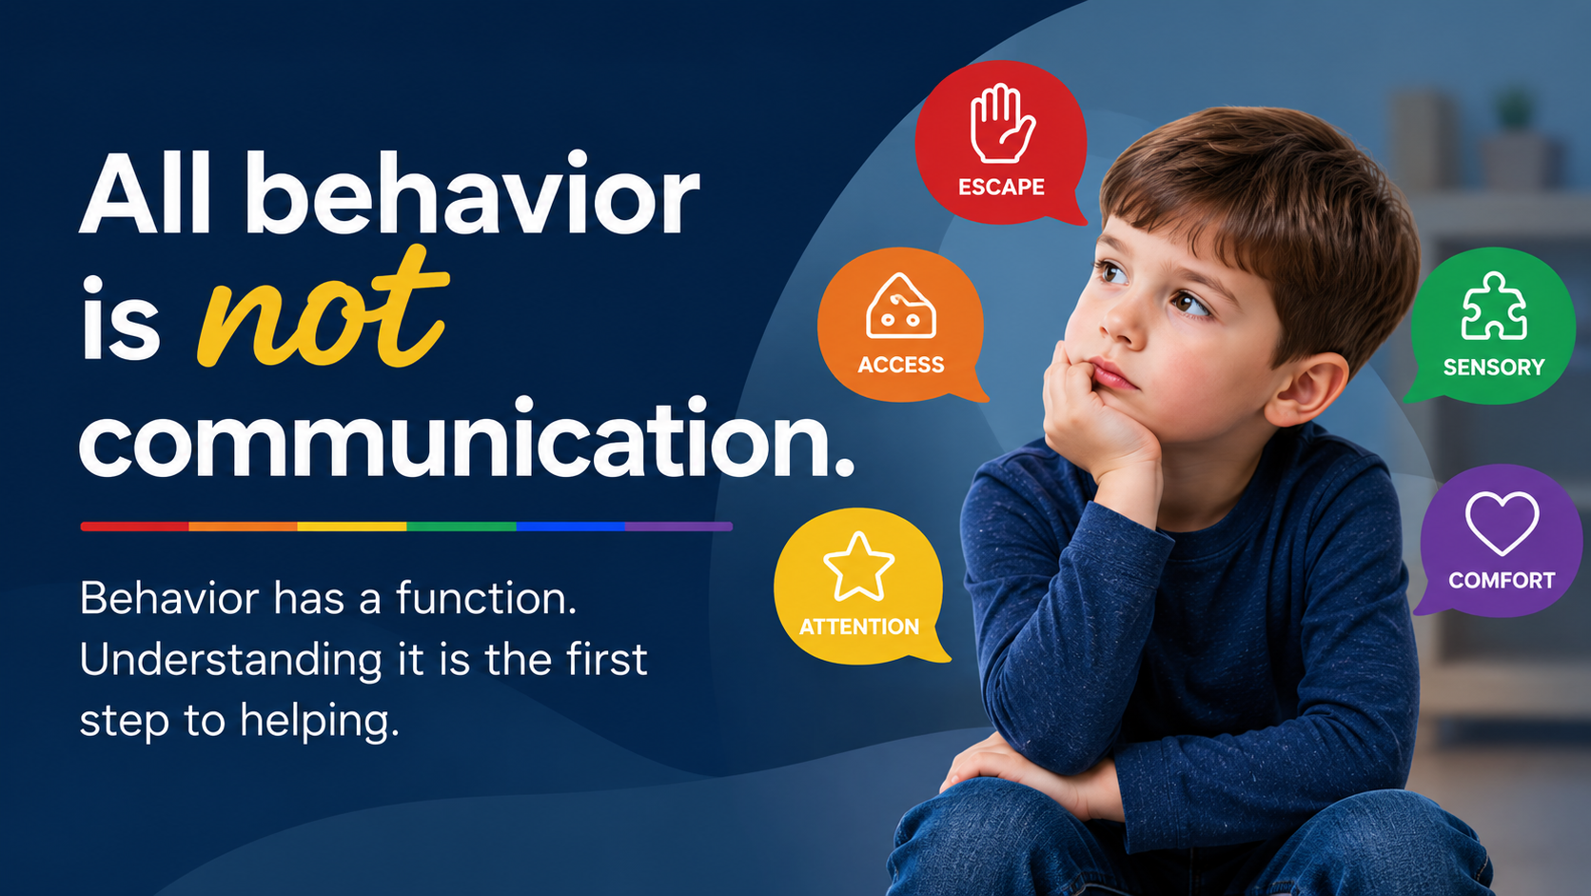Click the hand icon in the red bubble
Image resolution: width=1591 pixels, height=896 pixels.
1002,124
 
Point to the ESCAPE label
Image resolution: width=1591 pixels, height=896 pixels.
1001,187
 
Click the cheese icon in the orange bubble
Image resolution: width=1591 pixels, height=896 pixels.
900,307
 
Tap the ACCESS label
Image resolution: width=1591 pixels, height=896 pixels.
900,365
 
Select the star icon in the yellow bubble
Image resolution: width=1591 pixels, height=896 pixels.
858,567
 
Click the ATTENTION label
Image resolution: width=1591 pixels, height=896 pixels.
859,627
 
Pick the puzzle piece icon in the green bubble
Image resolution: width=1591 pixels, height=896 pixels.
1494,307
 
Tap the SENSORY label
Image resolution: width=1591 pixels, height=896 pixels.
1494,368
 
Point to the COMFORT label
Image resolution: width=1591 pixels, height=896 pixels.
1502,581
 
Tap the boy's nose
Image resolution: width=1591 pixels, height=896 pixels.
1120,321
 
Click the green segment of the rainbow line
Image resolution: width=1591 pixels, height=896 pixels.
461,527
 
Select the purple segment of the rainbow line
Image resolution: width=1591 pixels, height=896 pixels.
679,527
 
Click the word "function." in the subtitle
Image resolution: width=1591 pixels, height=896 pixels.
486,598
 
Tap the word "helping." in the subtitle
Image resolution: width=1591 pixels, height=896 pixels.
320,722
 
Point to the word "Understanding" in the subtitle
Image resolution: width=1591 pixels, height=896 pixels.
231,660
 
